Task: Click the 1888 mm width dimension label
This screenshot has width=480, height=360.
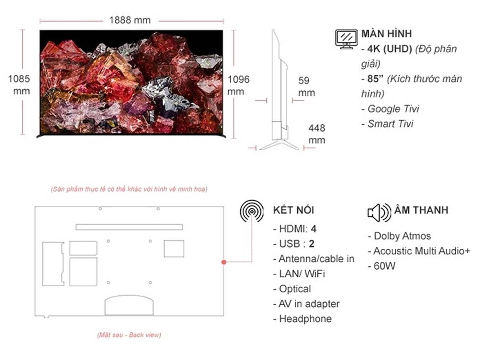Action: (130, 20)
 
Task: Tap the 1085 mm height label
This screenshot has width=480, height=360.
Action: (19, 85)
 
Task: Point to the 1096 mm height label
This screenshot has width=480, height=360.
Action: (238, 86)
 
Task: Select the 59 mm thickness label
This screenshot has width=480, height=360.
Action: (306, 86)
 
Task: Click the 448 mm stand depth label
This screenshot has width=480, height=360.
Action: (317, 134)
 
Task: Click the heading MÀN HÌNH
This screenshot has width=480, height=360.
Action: (386, 34)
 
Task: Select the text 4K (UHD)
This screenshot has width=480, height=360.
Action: (390, 49)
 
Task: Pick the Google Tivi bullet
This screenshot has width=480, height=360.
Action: (390, 109)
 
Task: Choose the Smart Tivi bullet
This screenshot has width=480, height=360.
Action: (387, 124)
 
